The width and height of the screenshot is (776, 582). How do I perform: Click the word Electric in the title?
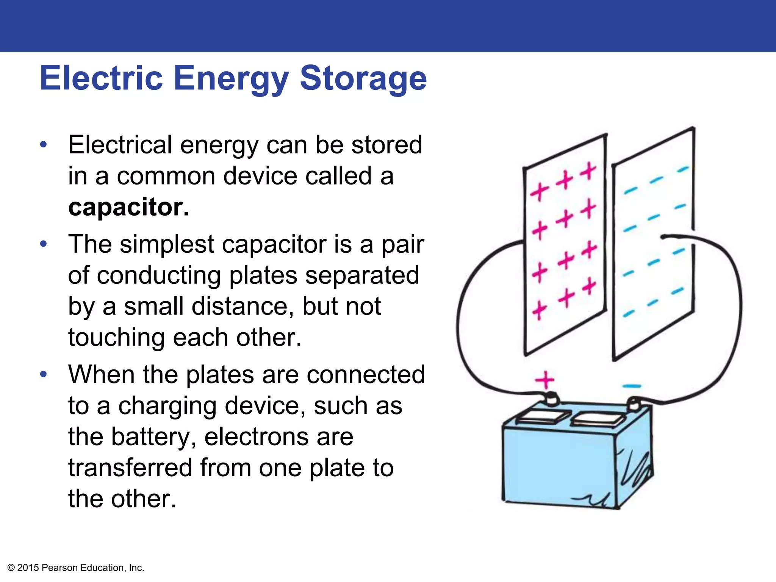pos(101,78)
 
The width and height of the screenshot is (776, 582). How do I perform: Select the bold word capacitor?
pos(128,207)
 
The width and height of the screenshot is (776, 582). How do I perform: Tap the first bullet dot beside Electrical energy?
pos(44,145)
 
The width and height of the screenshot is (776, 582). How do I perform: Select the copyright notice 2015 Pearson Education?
pos(76,568)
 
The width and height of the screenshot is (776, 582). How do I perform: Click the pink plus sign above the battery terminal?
pos(545,380)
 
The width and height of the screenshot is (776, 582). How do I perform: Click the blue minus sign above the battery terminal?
pos(631,386)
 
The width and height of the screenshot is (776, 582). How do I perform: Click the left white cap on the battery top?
pos(543,417)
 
